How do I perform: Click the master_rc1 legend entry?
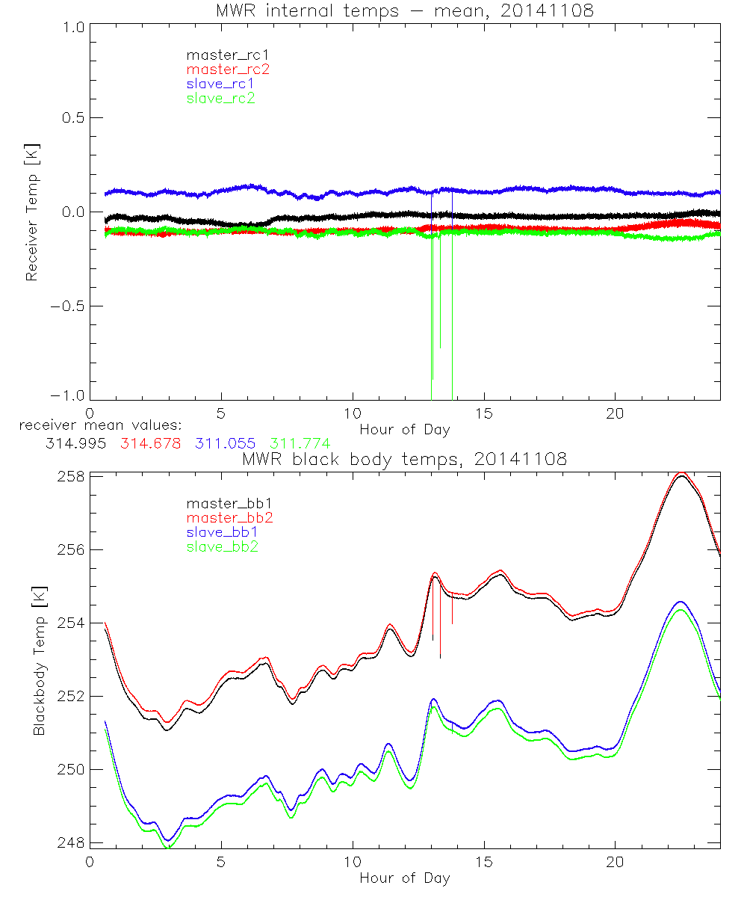[x=220, y=55]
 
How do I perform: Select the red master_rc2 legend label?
[x=228, y=69]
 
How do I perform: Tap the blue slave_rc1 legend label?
[x=220, y=83]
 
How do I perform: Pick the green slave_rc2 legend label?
[x=220, y=97]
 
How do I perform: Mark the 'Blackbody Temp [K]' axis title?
[x=39, y=661]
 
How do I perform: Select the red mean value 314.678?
[x=150, y=443]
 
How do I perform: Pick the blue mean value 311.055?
[x=225, y=443]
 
